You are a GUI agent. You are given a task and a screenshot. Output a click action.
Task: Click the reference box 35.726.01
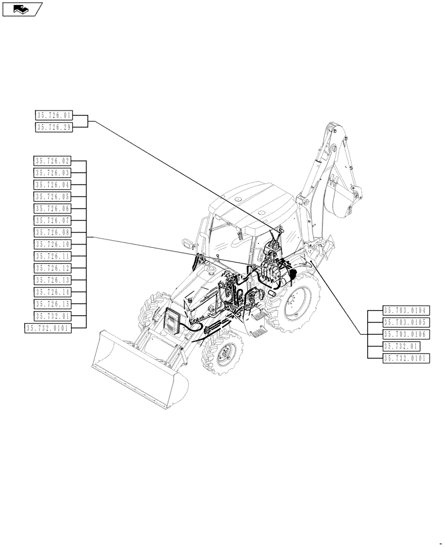click(x=54, y=115)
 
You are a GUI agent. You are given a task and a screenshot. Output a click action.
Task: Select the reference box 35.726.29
click(x=54, y=127)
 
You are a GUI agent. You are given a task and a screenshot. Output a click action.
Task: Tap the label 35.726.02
click(x=53, y=161)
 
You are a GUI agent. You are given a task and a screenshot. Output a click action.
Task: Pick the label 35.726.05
click(x=53, y=196)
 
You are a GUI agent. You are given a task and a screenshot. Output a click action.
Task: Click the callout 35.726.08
click(x=53, y=232)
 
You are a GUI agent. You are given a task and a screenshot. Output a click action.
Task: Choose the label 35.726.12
click(x=53, y=268)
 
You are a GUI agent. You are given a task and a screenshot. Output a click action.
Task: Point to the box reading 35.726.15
click(x=53, y=304)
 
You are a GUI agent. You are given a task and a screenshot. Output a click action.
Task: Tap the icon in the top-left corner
click(x=22, y=9)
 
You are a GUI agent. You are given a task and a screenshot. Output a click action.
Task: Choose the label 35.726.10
click(x=53, y=245)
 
